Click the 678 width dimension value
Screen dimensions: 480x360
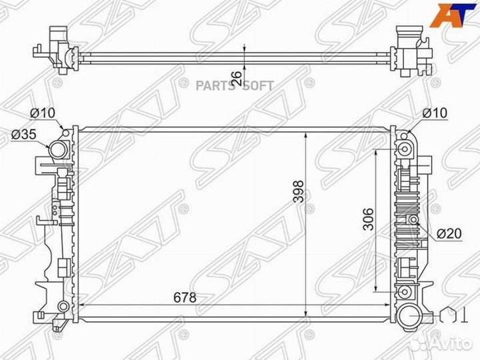coord(185,297)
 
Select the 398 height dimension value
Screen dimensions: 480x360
coord(299,191)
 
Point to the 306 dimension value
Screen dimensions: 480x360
coord(368,219)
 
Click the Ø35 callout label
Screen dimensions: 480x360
coord(24,134)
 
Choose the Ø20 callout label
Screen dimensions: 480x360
coord(449,233)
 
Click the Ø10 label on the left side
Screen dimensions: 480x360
coord(43,113)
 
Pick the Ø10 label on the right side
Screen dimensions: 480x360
coord(435,113)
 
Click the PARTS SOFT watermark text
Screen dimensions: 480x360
coord(235,86)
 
